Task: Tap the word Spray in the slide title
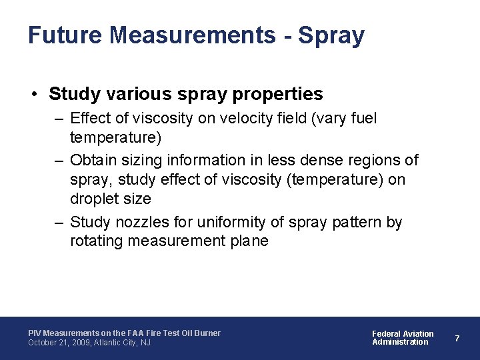pos(331,35)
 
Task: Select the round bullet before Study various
pos(34,94)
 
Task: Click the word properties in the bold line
pos(277,94)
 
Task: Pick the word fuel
pos(363,119)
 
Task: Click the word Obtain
pos(91,160)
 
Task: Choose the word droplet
pos(93,199)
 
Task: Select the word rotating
pos(95,241)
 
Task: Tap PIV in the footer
pos(34,333)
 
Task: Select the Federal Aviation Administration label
pos(402,337)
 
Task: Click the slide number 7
pos(457,338)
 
